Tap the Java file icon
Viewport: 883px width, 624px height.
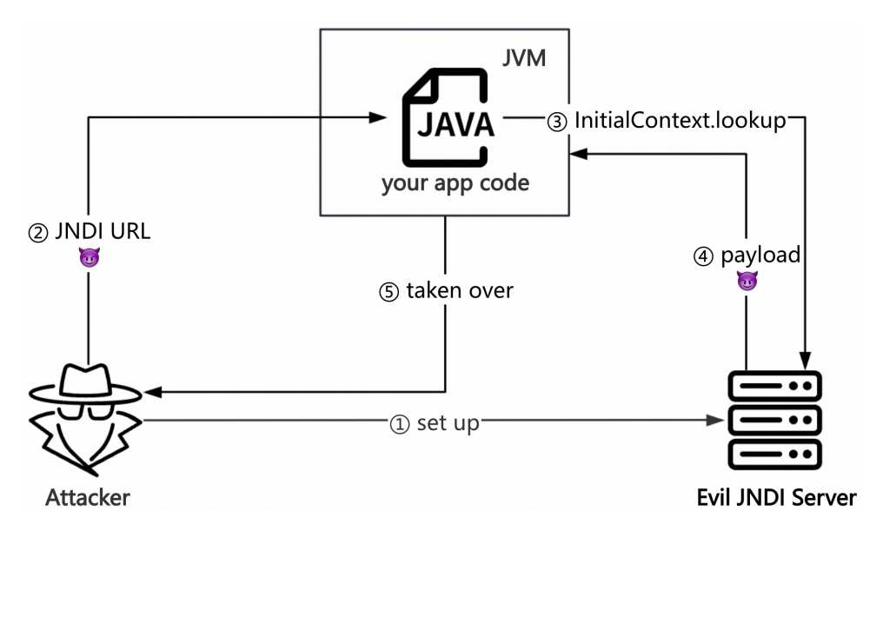(448, 121)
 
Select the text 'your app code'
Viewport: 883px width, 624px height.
(455, 183)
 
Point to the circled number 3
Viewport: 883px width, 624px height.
(556, 122)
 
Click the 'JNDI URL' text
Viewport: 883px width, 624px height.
(102, 233)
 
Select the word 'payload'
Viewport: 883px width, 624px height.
(760, 256)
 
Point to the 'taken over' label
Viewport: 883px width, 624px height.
(459, 290)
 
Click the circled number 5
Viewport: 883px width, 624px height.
(388, 292)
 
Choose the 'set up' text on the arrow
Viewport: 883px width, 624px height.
(448, 423)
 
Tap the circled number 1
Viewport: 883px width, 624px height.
(399, 424)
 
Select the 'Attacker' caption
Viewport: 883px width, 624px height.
(88, 498)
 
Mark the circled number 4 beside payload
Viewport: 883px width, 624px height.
(703, 257)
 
